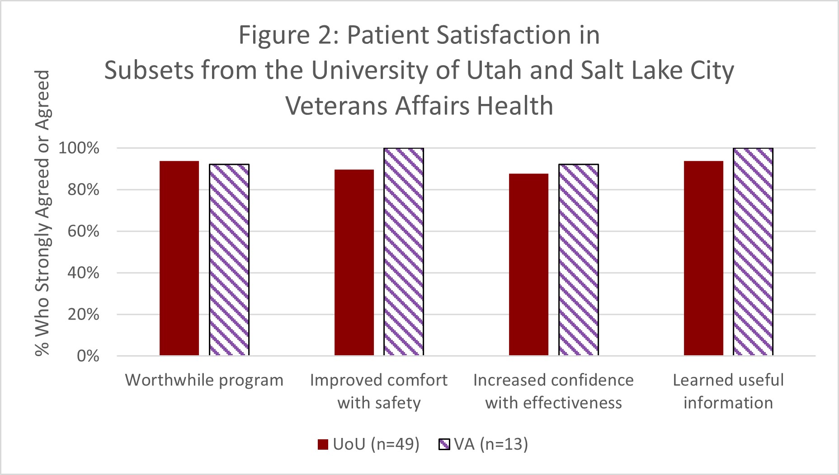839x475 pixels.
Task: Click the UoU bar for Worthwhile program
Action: pos(179,258)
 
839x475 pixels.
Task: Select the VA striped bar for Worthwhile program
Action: pos(229,260)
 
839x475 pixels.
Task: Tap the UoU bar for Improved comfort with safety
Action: pos(354,263)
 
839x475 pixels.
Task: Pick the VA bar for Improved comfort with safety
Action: pos(404,252)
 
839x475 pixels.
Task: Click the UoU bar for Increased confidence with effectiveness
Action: pos(528,264)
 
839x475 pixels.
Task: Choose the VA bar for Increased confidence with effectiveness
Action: pos(579,260)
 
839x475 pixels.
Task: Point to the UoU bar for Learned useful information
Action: pos(703,258)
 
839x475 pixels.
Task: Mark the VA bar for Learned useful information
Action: pos(753,252)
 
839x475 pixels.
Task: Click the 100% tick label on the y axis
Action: pos(79,148)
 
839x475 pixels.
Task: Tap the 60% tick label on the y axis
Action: pos(83,231)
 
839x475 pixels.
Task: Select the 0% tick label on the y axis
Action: pos(88,356)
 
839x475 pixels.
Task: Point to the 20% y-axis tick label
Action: pos(83,315)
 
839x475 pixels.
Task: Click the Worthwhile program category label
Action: pos(204,381)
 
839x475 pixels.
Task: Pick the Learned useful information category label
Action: pos(728,391)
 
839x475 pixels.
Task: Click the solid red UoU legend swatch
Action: pos(323,445)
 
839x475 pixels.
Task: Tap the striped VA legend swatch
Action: pos(444,445)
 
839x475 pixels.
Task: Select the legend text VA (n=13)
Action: pos(491,444)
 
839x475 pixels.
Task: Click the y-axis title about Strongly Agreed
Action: pos(42,212)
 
